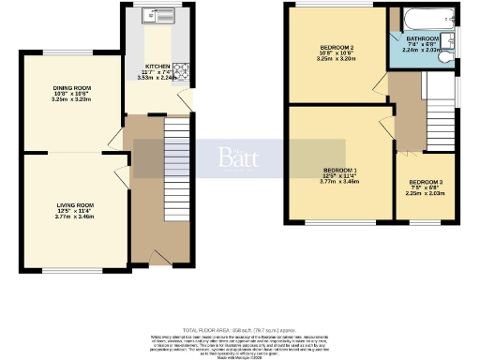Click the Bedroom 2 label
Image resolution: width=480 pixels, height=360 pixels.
pyautogui.click(x=336, y=50)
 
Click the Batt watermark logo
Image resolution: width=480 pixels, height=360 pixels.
pyautogui.click(x=240, y=157)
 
